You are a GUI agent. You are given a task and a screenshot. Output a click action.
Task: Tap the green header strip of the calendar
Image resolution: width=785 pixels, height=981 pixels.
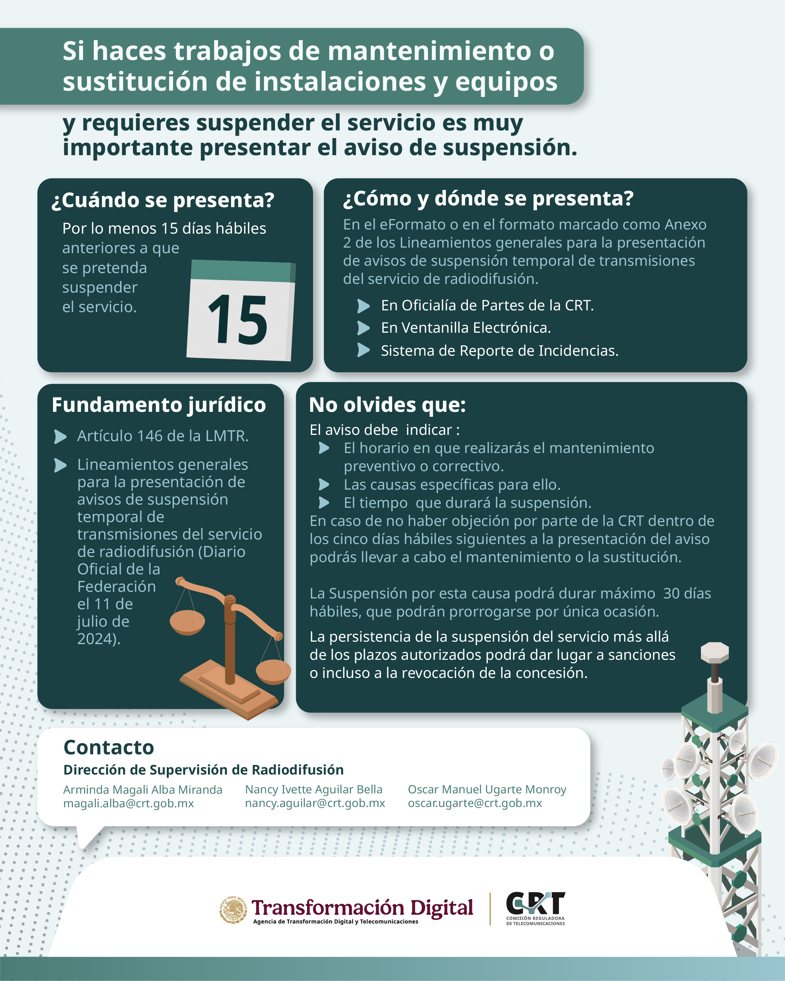243,271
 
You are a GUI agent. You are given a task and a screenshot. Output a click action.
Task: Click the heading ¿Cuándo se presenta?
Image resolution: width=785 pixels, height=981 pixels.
163,200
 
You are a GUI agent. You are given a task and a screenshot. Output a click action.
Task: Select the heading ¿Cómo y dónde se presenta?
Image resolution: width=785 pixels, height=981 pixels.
488,198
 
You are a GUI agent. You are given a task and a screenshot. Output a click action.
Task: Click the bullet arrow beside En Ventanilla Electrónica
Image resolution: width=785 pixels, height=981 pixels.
363,327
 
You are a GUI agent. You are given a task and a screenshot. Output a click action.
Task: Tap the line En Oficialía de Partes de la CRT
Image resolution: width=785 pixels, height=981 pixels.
487,305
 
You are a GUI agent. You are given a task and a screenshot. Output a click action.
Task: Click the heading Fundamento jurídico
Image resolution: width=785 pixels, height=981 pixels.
159,405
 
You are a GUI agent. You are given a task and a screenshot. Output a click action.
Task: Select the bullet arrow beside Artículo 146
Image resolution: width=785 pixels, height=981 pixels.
61,436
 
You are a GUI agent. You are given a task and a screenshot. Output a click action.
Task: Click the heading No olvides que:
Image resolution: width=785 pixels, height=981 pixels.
388,405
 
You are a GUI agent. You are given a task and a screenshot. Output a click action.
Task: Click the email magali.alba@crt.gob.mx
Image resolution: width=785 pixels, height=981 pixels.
128,803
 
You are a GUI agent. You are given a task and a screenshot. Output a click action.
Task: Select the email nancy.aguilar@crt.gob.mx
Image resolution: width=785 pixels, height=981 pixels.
315,803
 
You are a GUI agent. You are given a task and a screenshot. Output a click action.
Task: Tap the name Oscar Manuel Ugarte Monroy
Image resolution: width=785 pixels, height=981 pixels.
487,790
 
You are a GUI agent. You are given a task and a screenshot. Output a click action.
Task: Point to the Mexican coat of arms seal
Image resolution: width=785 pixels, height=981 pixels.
234,910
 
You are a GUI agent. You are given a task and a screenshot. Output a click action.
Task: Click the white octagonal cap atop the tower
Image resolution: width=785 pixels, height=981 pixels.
715,652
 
